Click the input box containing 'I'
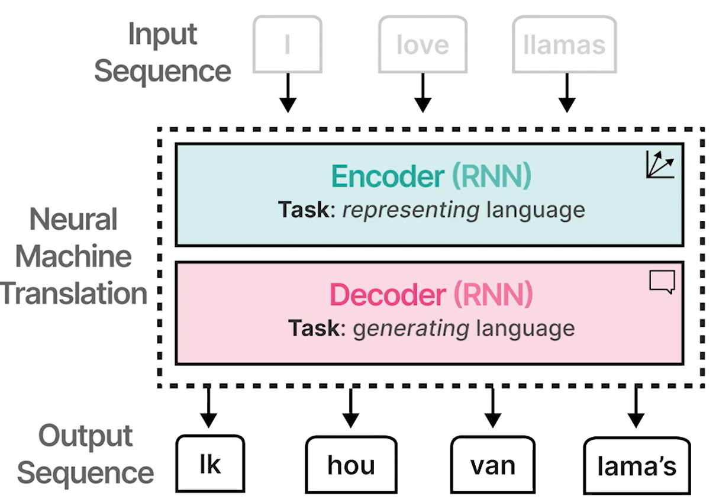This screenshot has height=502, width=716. (288, 44)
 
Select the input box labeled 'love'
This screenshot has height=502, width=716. (422, 44)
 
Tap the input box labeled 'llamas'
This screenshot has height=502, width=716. (564, 44)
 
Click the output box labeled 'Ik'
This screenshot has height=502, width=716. (210, 464)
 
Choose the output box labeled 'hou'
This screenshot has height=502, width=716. (351, 465)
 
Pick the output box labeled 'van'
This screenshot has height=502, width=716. (492, 465)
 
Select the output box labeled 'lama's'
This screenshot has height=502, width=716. (637, 465)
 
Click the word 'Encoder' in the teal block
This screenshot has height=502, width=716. (387, 176)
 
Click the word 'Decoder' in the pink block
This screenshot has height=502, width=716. (388, 295)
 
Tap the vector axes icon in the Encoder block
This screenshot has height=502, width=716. (660, 165)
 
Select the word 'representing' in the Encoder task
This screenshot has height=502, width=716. (411, 210)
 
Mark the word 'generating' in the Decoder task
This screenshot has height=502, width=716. (411, 328)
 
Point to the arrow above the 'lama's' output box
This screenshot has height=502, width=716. (636, 407)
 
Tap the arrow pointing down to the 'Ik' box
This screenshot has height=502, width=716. (208, 407)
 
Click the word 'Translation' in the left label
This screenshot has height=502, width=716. (74, 294)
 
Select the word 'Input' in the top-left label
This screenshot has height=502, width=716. (163, 34)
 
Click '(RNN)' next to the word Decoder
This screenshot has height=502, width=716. (493, 295)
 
